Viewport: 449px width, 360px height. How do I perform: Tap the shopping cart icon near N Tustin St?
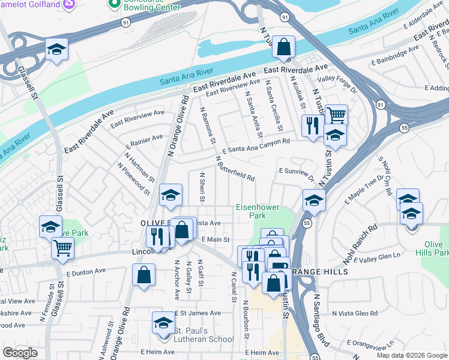(336, 114)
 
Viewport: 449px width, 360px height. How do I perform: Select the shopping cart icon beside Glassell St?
(62, 247)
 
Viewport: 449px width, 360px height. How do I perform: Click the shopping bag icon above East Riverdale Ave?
(283, 46)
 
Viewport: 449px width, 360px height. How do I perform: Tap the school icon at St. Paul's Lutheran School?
(163, 323)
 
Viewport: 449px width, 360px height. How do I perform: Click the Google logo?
(20, 352)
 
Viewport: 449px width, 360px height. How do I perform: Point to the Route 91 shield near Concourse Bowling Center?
(125, 22)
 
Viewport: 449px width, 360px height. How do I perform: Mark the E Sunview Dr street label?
(296, 173)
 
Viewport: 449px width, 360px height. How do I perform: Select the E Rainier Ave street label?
(144, 142)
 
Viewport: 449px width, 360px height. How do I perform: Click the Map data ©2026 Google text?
(411, 355)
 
